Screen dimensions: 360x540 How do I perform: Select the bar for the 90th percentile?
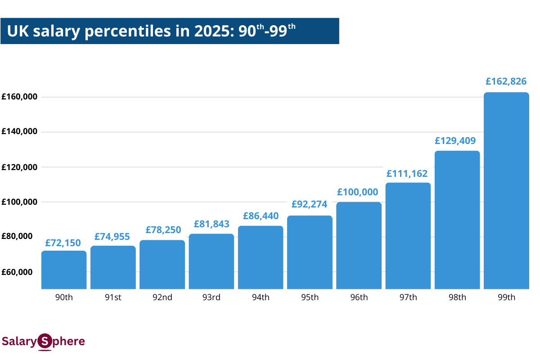(x=64, y=270)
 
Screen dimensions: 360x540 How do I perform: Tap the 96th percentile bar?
(x=359, y=245)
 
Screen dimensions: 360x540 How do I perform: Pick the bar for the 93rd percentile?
(x=211, y=261)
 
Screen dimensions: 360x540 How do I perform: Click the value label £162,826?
(x=506, y=82)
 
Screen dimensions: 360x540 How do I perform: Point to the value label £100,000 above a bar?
(x=359, y=192)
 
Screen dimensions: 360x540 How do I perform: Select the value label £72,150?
(x=63, y=243)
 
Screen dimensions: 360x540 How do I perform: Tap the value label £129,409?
(x=456, y=140)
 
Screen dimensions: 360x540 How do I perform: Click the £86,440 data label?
(x=261, y=216)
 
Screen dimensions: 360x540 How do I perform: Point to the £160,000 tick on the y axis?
(x=19, y=97)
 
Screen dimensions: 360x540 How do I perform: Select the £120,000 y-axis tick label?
(x=19, y=167)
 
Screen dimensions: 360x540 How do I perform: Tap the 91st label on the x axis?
(x=113, y=297)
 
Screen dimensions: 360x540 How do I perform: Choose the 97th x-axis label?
(x=408, y=297)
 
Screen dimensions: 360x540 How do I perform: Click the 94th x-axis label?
(x=261, y=297)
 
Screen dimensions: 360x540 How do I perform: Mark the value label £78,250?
(x=163, y=229)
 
